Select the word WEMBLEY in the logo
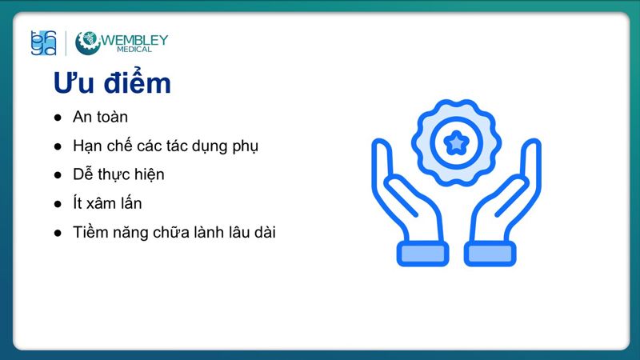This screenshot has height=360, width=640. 135,38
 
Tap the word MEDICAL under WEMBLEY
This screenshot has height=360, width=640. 135,49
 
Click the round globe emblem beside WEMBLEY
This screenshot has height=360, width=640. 86,42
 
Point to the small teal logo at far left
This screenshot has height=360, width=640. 43,42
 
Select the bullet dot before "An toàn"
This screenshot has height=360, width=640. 58,118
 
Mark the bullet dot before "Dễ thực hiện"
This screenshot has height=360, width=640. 58,175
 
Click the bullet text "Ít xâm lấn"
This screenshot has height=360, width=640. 107,203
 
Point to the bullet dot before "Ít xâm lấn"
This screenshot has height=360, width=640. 58,204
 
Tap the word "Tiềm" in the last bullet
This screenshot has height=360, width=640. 90,232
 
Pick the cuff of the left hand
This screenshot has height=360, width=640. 422,254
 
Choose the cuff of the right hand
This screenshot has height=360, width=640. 490,254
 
